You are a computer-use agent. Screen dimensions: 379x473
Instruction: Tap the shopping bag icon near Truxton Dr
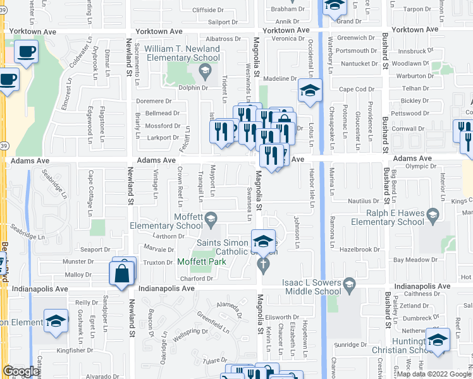point(121,274)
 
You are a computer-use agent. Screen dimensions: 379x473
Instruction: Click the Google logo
point(21,372)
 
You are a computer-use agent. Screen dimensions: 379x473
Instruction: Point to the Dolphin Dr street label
point(193,88)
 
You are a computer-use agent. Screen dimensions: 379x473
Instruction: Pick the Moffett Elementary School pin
point(211,219)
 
